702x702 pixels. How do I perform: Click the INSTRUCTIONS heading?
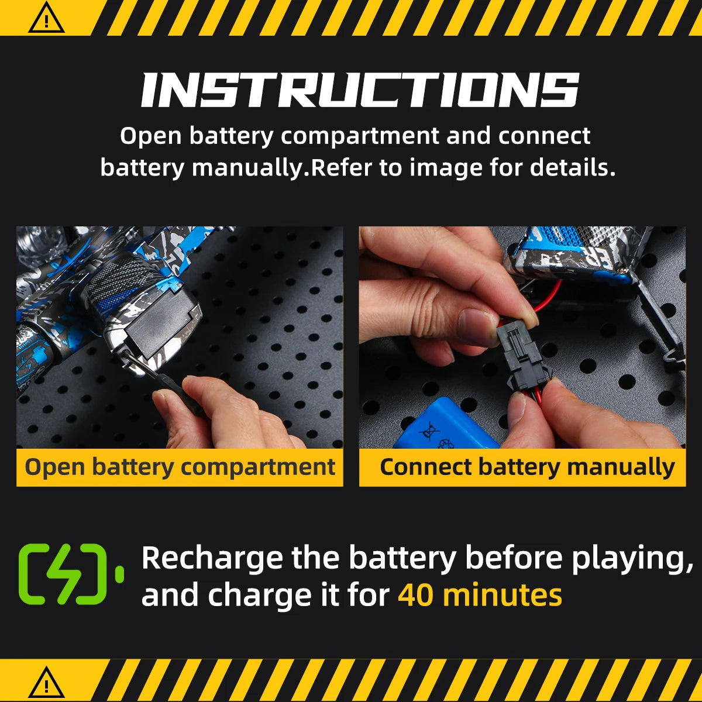coord(360,90)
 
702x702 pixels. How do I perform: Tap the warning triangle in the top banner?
coord(46,18)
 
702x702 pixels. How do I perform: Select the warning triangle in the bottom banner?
coord(46,682)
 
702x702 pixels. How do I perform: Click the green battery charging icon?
coord(71,574)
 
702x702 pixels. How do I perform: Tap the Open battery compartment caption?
coord(180,467)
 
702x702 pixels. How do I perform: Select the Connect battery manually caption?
coord(527,467)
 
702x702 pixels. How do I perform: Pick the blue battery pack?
coord(446,424)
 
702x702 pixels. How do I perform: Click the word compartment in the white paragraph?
coord(360,136)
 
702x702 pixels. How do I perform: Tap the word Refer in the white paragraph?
coord(341,168)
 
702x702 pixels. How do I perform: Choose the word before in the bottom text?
coord(514,559)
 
